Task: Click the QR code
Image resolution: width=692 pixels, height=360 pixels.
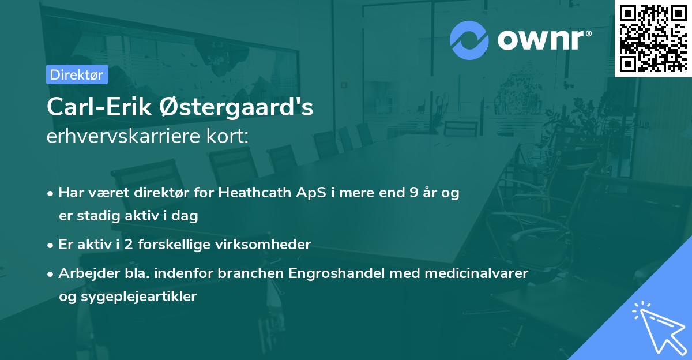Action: [x=653, y=38]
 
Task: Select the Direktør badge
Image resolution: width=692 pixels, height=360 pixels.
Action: [x=77, y=74]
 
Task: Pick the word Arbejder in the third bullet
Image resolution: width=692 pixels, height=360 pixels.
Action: [x=85, y=273]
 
